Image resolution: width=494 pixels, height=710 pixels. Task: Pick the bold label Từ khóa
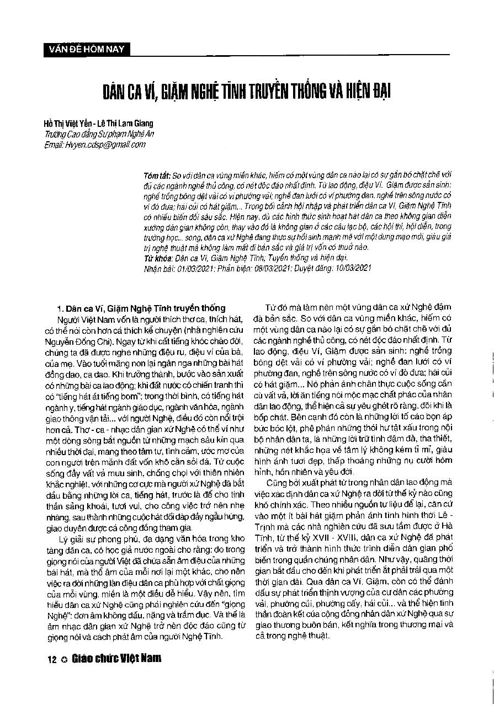(x=154, y=257)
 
